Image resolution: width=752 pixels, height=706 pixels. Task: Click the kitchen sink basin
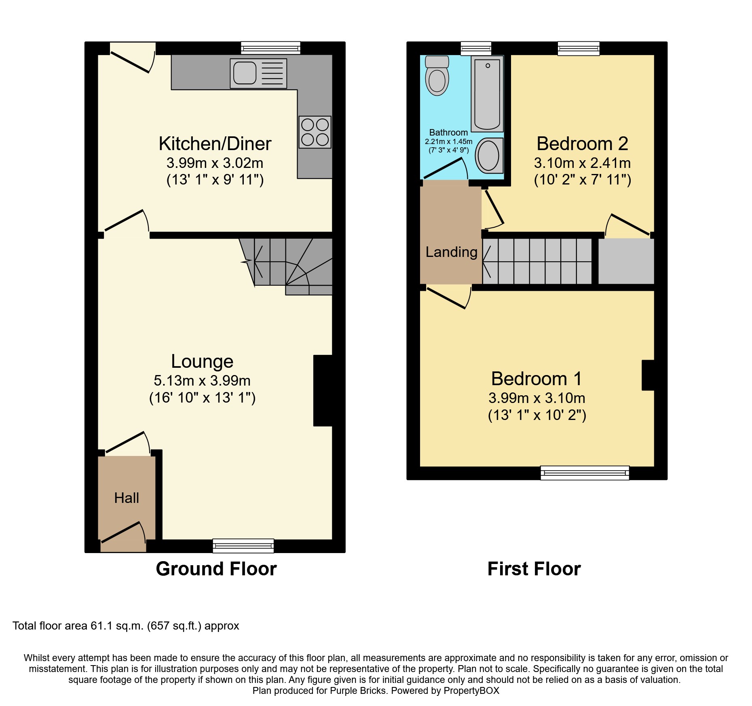(245, 73)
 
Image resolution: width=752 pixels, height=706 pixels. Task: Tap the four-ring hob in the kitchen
(315, 132)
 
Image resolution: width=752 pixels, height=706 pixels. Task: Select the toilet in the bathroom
(437, 76)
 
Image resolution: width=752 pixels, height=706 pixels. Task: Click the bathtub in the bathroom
(487, 94)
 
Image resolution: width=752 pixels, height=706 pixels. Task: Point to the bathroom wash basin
(489, 156)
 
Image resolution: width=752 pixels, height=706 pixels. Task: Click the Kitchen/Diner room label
(215, 144)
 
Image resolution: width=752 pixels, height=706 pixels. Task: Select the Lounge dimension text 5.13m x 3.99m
(202, 381)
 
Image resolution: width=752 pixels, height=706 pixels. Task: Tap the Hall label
(127, 498)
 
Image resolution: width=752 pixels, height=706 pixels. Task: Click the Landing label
(451, 252)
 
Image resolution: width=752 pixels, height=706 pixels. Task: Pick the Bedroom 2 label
(582, 144)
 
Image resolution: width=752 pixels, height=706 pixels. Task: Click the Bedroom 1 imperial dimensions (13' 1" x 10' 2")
(537, 415)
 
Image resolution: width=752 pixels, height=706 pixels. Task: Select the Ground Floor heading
(216, 569)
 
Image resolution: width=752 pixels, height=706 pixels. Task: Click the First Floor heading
(534, 569)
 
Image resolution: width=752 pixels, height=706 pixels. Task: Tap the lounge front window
(243, 546)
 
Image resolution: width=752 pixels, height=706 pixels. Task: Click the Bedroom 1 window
(585, 473)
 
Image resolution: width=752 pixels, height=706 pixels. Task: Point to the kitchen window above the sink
(270, 48)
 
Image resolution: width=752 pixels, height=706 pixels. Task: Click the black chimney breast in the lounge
(323, 390)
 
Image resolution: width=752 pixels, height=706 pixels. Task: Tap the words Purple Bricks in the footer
(358, 691)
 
